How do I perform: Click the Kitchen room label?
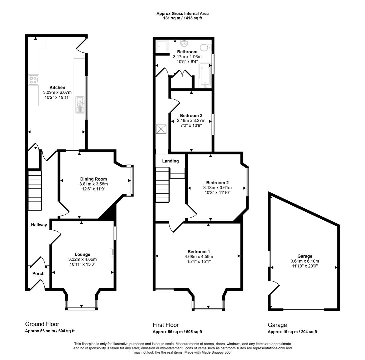[x=57, y=87]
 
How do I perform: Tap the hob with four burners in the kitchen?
[x=33, y=80]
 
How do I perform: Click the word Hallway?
[x=39, y=225]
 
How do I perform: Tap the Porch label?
[x=38, y=273]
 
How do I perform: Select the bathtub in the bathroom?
[x=205, y=75]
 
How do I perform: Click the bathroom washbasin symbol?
[x=184, y=43]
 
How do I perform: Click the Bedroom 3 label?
[x=191, y=116]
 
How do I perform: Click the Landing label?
[x=171, y=161]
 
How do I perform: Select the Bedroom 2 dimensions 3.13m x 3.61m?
[x=217, y=188]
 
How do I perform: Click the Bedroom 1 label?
[x=199, y=252]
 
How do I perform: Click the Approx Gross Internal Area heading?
[x=182, y=14]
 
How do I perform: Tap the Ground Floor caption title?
[x=42, y=324]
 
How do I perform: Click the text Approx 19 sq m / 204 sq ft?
[x=292, y=332]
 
